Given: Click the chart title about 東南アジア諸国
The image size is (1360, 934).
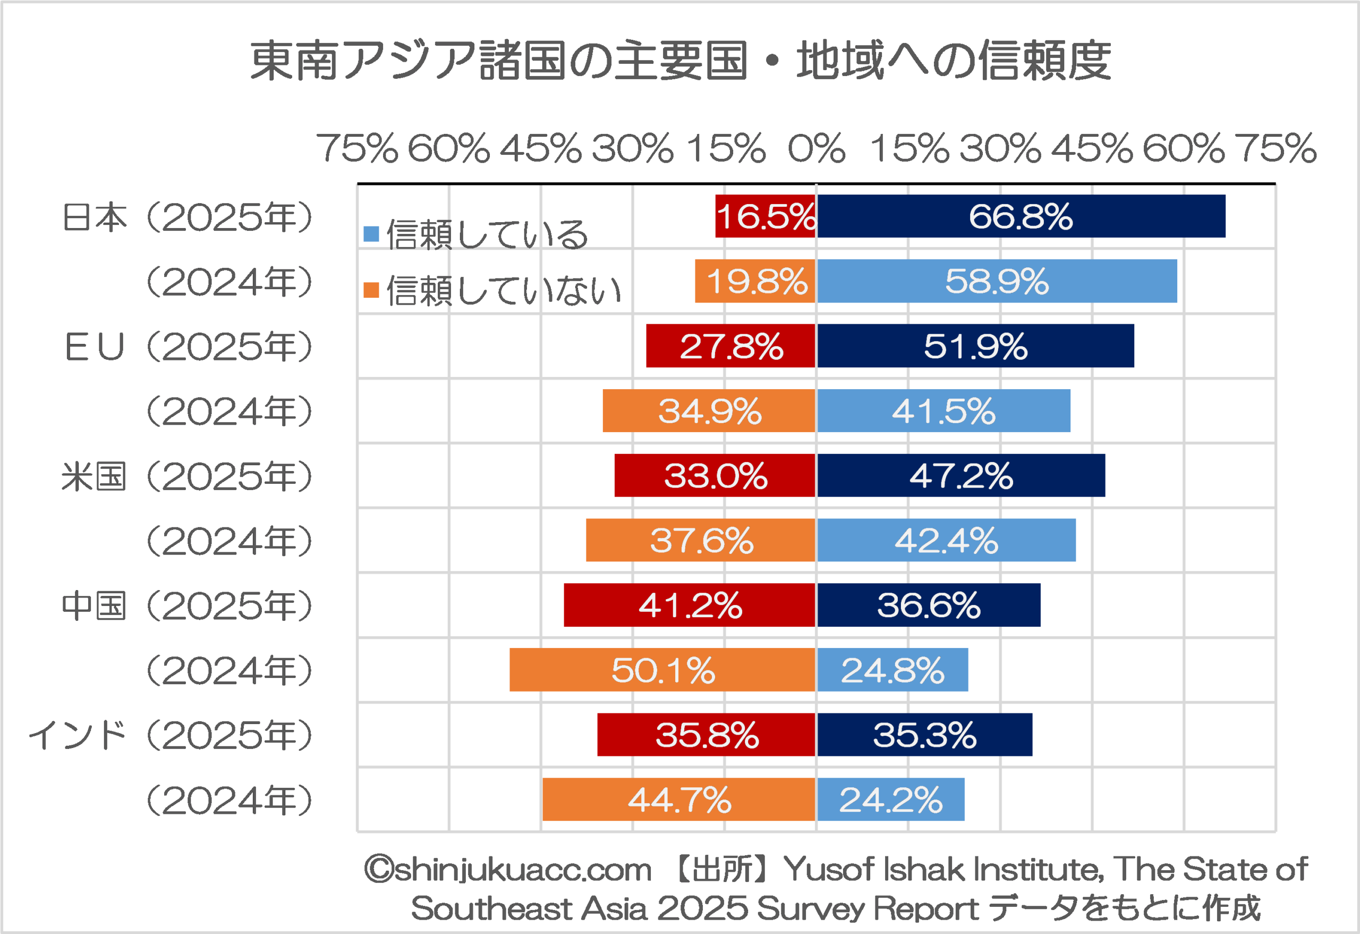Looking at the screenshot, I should tap(680, 60).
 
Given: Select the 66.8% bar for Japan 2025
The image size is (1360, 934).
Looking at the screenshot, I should tap(1021, 216).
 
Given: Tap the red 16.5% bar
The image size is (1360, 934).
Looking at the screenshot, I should tap(766, 216).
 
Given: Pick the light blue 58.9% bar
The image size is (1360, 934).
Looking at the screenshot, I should tap(997, 281).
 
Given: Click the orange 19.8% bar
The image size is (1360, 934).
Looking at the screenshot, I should tap(755, 281).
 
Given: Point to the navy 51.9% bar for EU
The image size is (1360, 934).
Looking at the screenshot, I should tap(975, 346).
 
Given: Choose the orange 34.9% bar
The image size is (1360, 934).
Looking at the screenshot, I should tap(709, 410).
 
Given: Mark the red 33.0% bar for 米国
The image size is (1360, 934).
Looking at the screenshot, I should tap(715, 475).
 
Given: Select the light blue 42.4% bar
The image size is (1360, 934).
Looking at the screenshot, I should tap(946, 540).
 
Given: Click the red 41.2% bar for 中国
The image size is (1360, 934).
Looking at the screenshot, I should tap(690, 605).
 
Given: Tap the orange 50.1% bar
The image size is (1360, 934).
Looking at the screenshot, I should tap(662, 669).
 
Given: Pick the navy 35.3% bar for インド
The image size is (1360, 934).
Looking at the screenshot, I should tap(924, 734).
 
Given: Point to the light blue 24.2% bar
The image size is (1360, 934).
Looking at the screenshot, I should tap(890, 800).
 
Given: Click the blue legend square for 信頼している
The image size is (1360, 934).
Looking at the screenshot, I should tap(371, 234).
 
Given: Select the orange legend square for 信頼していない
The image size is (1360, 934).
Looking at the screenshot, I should tap(371, 290).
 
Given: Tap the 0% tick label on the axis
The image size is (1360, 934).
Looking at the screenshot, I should tap(816, 148).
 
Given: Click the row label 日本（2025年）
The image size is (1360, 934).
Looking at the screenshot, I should tap(187, 217).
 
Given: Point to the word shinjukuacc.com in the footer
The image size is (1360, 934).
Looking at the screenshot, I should tap(522, 869).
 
